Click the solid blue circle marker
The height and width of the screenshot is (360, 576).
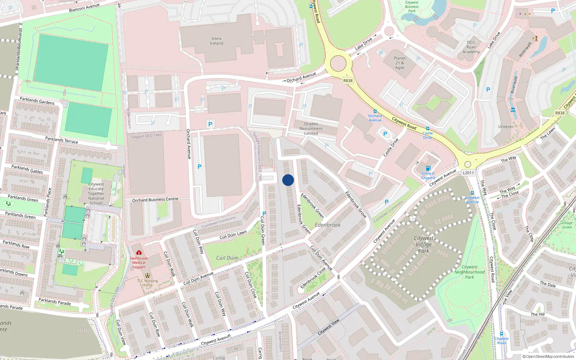click(x=288, y=180)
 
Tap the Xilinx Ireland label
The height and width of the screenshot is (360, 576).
click(x=217, y=41)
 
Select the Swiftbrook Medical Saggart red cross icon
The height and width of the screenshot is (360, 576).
click(x=139, y=253)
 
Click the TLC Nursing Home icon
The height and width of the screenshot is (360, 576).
click(x=147, y=275)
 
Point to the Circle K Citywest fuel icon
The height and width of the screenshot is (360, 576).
click(x=428, y=168)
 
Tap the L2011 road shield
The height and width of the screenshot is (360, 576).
click(x=468, y=173)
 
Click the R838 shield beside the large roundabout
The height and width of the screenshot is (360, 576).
click(x=348, y=81)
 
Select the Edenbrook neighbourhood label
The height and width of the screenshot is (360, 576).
click(x=328, y=225)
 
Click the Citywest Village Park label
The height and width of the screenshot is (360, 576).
click(x=424, y=244)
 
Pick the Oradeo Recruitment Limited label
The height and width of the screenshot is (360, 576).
click(x=311, y=129)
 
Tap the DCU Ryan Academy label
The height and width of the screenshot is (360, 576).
click(x=471, y=47)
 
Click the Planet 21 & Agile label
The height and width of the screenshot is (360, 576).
click(x=400, y=63)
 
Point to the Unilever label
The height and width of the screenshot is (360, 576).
click(x=506, y=127)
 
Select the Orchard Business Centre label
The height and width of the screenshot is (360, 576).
click(x=155, y=199)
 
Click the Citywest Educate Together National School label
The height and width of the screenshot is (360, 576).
click(x=96, y=194)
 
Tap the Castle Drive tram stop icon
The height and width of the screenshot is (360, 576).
click(x=428, y=129)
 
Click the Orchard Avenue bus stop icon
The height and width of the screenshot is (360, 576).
click(x=375, y=112)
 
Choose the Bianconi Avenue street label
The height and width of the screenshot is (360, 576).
click(x=84, y=8)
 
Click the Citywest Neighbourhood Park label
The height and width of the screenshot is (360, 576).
click(x=469, y=272)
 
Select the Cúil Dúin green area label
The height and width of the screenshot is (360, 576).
click(x=227, y=258)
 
